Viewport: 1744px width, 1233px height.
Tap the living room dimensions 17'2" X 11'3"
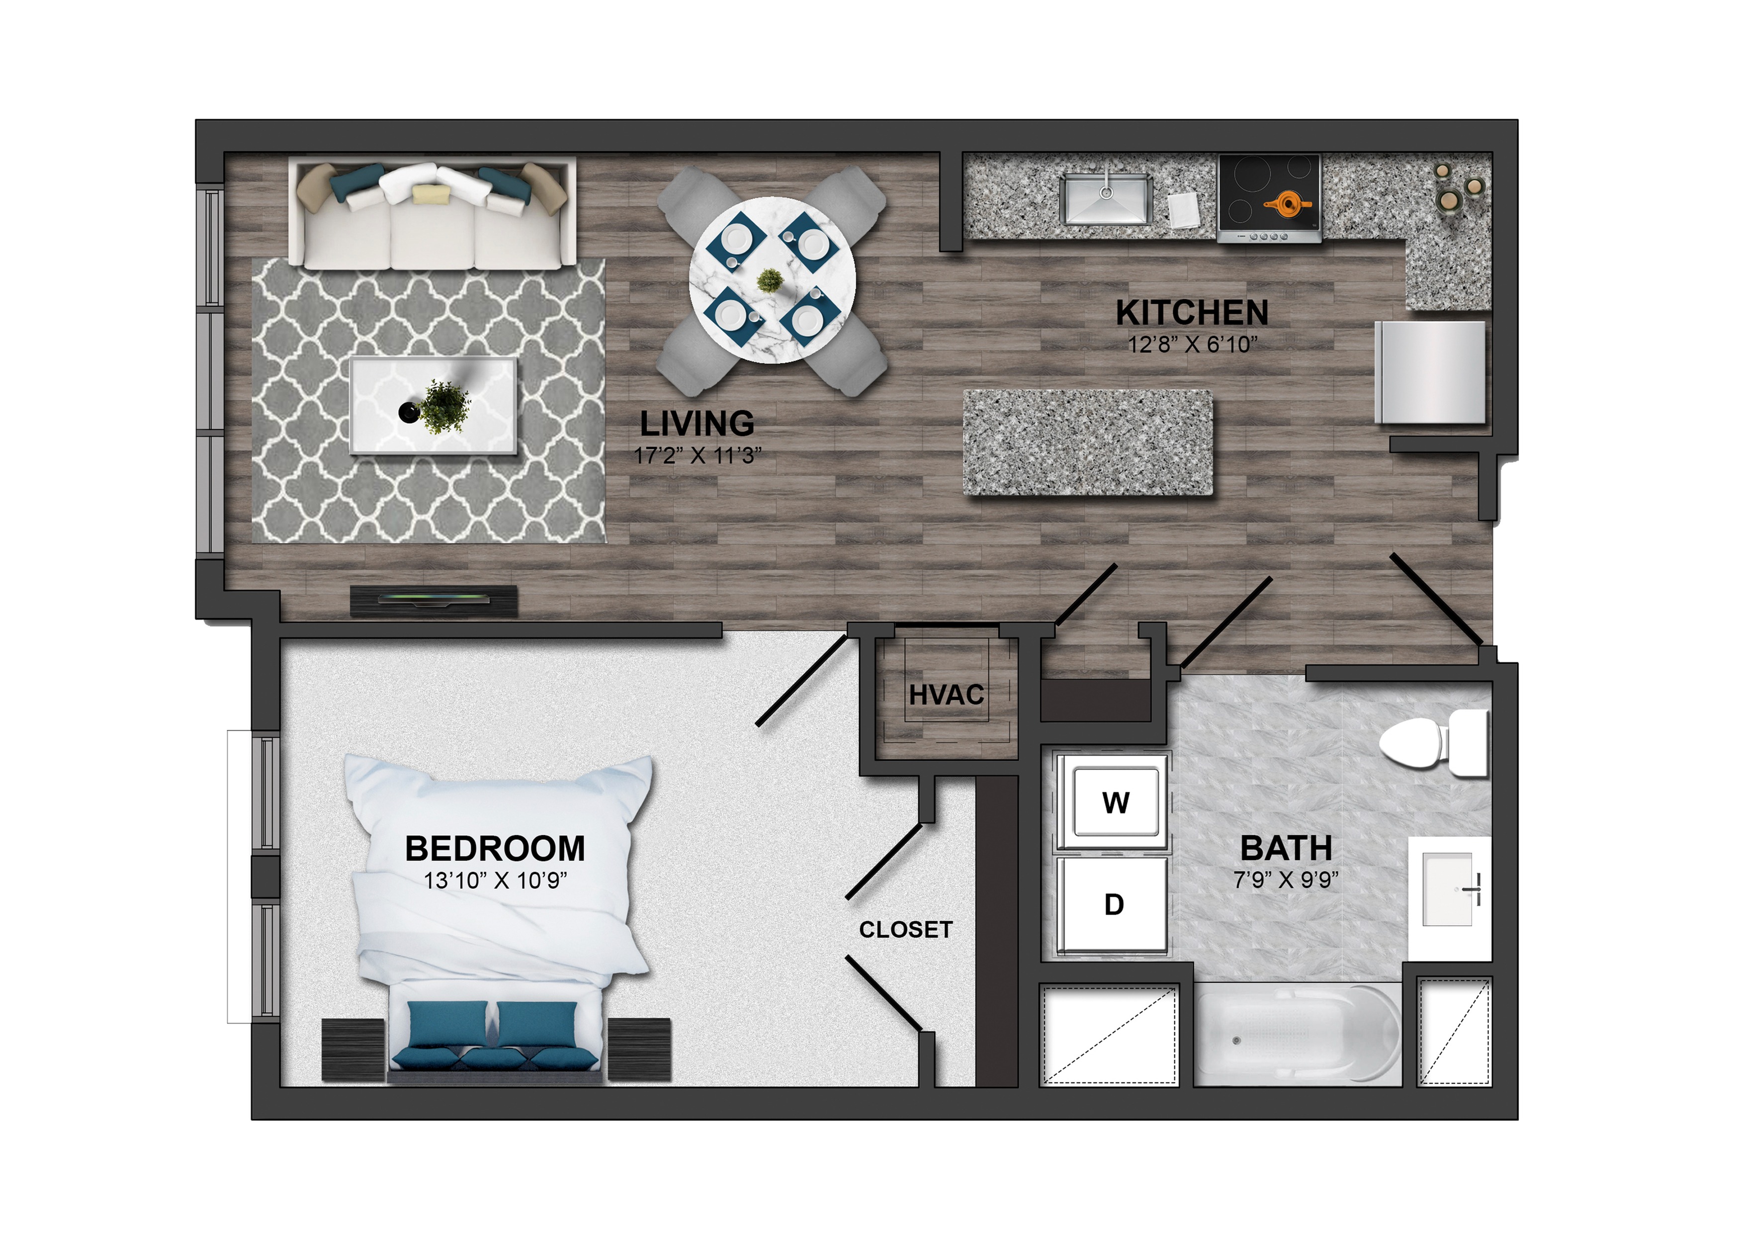coord(698,456)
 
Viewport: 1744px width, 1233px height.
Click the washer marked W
coord(1114,801)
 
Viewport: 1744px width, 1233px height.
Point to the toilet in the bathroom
coord(1432,743)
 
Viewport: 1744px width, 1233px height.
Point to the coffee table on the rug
coord(434,406)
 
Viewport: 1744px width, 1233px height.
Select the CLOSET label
coord(905,929)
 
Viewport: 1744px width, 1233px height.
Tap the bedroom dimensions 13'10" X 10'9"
coord(495,881)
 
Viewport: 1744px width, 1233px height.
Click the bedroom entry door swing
coord(802,681)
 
